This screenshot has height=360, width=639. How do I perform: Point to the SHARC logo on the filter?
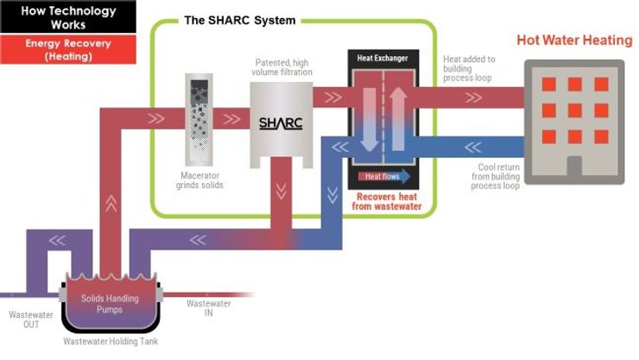282,123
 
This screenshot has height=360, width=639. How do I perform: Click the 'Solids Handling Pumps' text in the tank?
104,303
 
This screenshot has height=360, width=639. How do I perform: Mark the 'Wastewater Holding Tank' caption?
111,342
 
